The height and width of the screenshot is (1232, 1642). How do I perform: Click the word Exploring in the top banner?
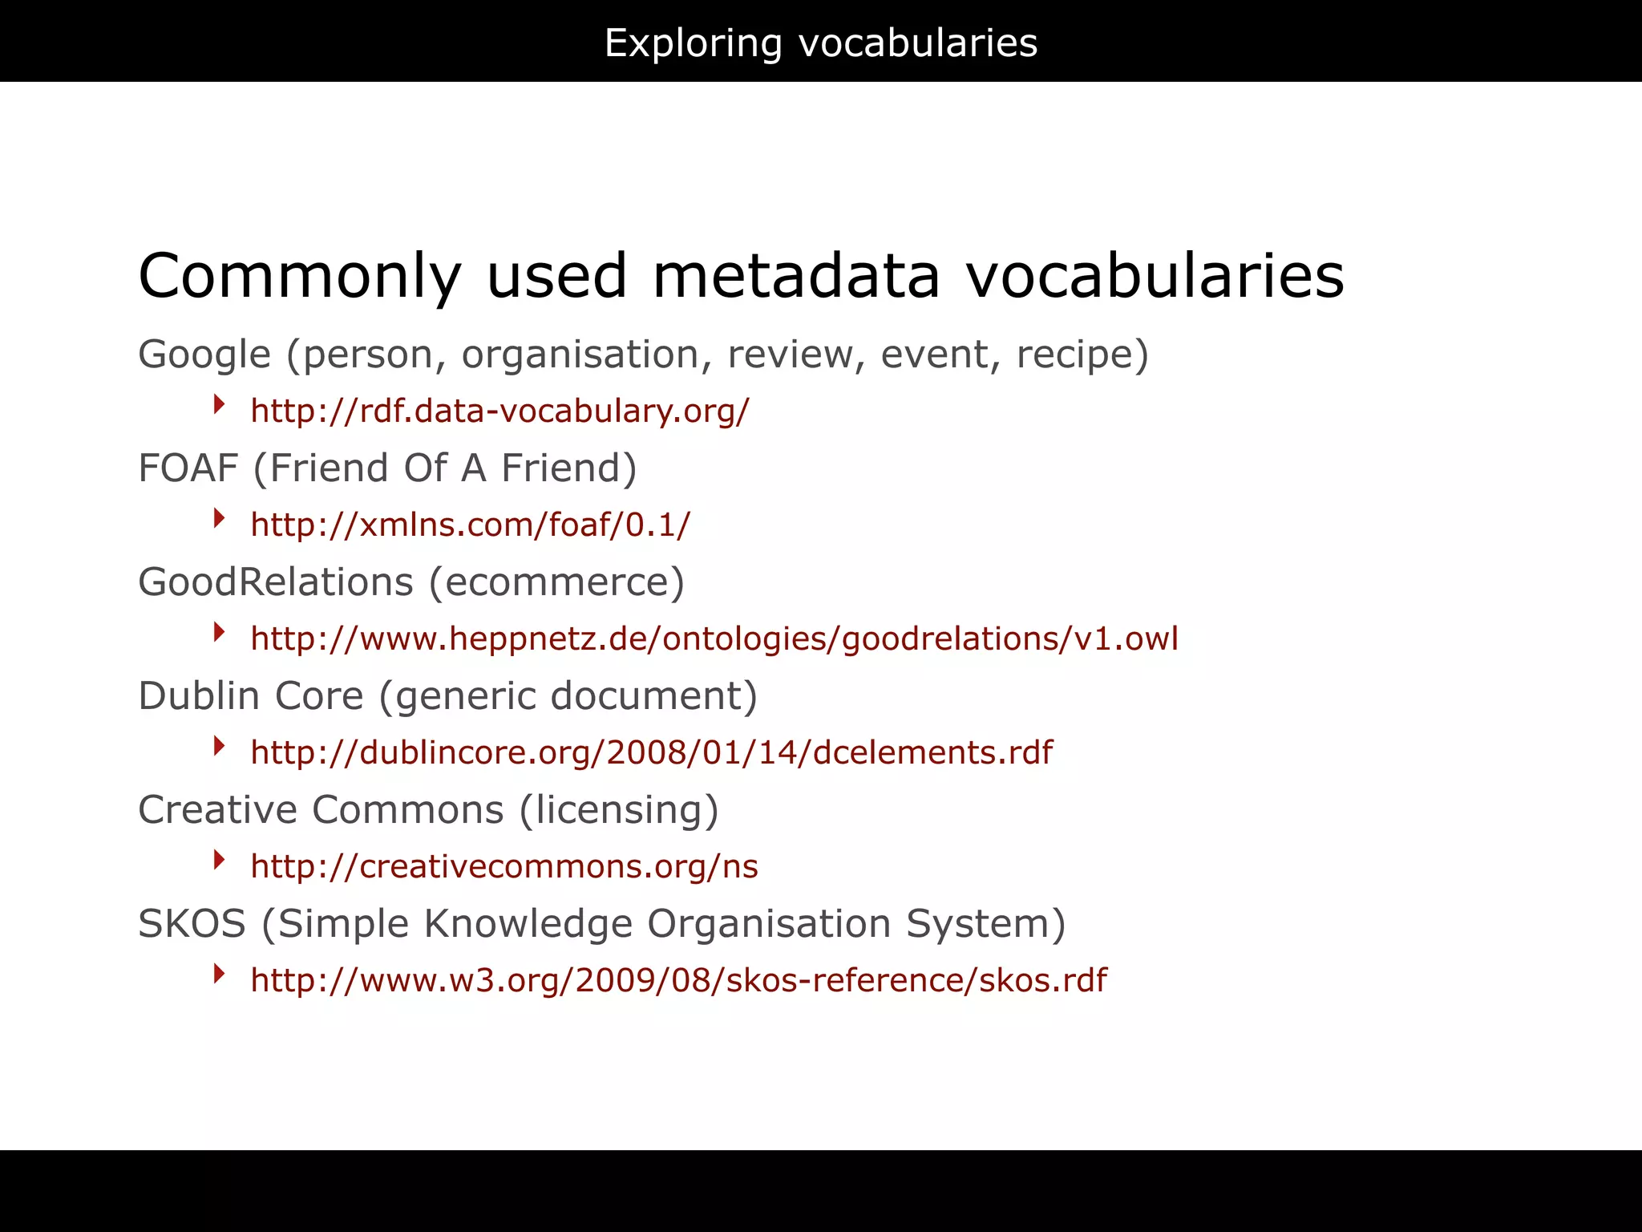tap(693, 43)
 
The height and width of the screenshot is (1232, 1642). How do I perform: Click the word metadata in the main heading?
tap(795, 276)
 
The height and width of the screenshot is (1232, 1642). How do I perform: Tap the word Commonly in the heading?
tap(300, 276)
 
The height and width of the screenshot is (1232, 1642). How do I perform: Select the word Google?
tap(204, 355)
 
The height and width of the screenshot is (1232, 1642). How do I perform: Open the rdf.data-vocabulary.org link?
tap(499, 411)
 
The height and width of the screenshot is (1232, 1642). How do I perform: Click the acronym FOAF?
tap(188, 468)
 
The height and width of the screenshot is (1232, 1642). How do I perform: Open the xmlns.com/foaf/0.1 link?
tap(470, 525)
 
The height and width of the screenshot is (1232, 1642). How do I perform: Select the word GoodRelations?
tap(276, 582)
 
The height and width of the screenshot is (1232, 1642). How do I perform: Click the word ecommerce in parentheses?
tap(556, 582)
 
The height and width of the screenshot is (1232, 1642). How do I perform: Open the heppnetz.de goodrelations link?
tap(714, 639)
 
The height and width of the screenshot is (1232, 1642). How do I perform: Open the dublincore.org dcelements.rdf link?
tap(651, 753)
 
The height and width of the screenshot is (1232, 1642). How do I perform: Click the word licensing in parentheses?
tap(619, 810)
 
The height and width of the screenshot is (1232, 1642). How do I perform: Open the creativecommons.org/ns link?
tap(504, 867)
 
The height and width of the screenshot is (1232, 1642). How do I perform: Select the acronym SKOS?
tap(192, 924)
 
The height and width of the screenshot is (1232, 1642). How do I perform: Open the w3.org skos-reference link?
tap(678, 981)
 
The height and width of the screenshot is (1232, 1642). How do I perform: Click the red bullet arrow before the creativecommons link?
tap(219, 861)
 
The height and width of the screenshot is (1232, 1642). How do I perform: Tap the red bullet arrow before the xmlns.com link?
tap(219, 519)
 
